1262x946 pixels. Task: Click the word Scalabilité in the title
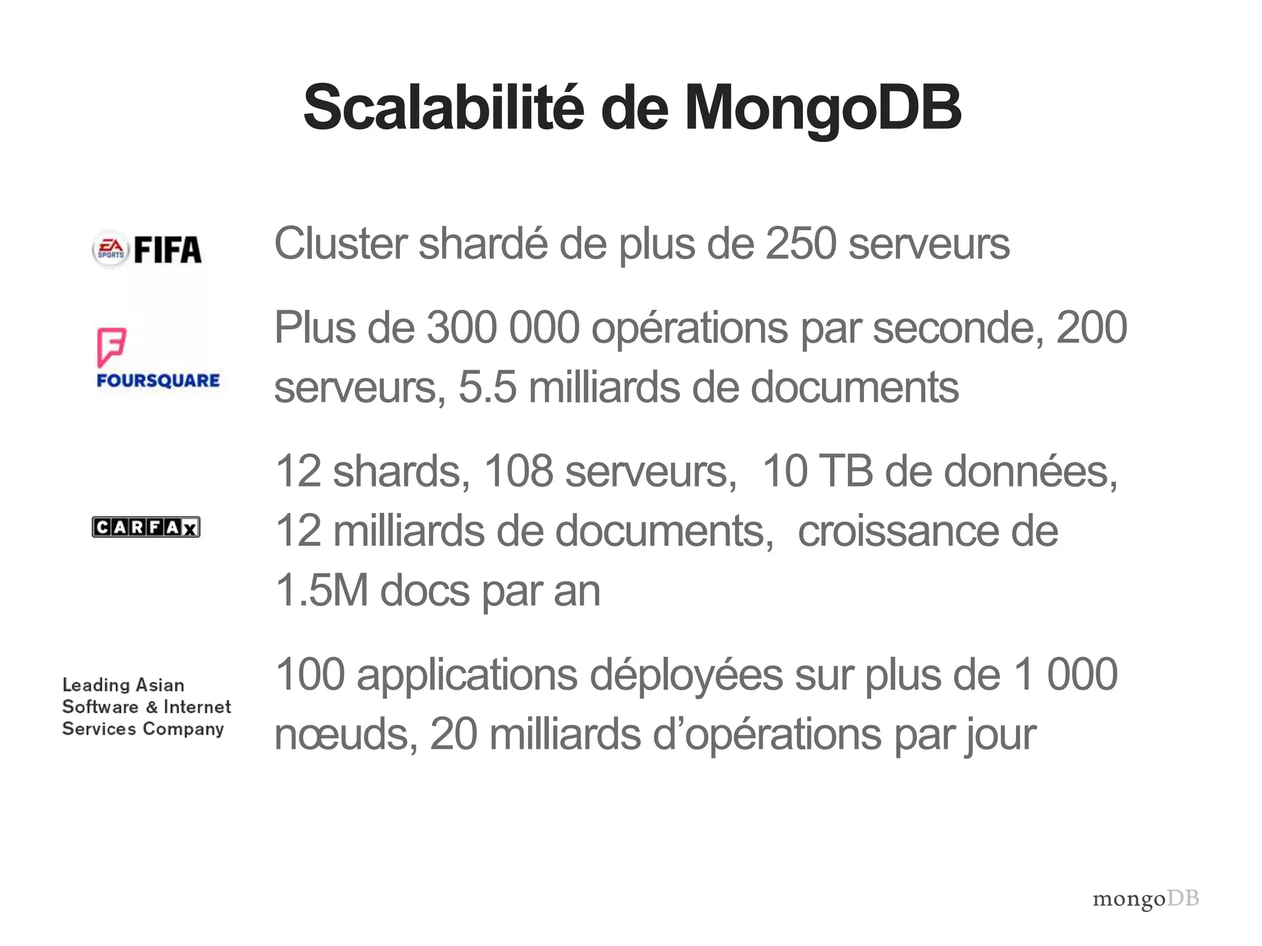(x=442, y=108)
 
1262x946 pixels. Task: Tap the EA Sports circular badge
(x=110, y=250)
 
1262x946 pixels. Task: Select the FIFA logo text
(x=168, y=250)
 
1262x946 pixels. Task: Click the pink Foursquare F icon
(x=112, y=347)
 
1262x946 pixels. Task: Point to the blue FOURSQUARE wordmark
(x=158, y=381)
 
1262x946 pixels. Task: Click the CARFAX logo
(x=146, y=527)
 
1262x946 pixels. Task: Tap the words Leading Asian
(x=123, y=685)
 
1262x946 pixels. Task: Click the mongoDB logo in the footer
(x=1146, y=899)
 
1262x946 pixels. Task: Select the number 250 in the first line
(x=800, y=244)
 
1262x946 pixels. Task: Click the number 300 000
(x=503, y=328)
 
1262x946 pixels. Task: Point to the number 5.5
(x=487, y=387)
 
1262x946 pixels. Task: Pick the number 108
(x=519, y=472)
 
